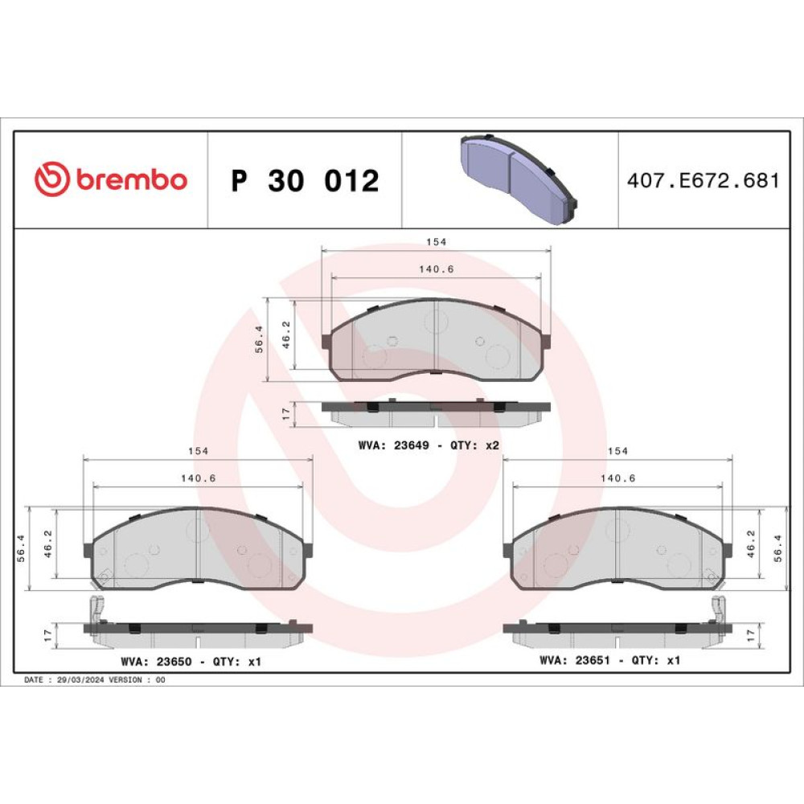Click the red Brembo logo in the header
point(111,179)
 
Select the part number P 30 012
point(305,180)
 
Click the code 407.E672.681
point(703,180)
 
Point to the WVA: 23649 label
point(394,445)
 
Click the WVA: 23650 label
point(157,662)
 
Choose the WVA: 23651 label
point(575,660)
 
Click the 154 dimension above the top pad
point(437,241)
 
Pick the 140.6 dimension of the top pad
point(437,269)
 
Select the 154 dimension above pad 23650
point(199,451)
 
